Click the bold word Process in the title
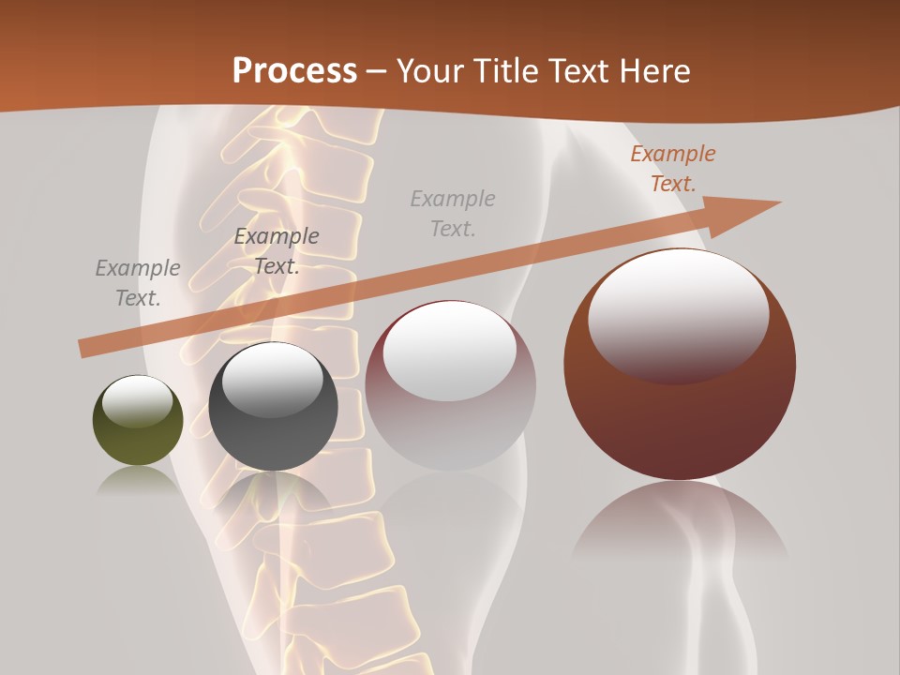coord(294,70)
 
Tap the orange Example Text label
coord(673,169)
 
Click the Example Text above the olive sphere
coord(138,282)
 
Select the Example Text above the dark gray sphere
coord(277,250)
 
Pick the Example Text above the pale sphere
coord(453,213)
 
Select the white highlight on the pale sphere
coord(450,348)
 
